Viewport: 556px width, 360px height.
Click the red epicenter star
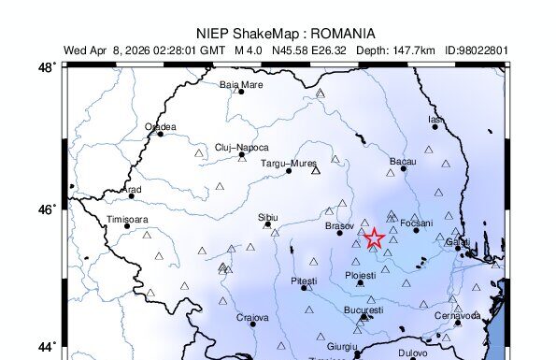click(374, 238)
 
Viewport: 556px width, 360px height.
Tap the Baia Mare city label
click(241, 84)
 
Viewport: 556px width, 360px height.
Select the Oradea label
click(160, 126)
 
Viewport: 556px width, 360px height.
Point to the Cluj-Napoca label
click(241, 147)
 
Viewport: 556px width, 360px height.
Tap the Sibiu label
click(268, 217)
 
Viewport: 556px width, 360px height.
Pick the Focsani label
click(416, 223)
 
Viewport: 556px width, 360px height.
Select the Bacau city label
click(402, 162)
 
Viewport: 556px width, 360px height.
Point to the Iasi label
click(435, 119)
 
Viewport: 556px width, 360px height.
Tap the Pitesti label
click(304, 281)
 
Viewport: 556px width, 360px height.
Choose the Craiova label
click(252, 317)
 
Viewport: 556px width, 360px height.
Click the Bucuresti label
click(364, 310)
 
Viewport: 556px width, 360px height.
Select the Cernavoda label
click(457, 315)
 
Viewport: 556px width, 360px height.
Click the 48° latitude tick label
click(45, 67)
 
